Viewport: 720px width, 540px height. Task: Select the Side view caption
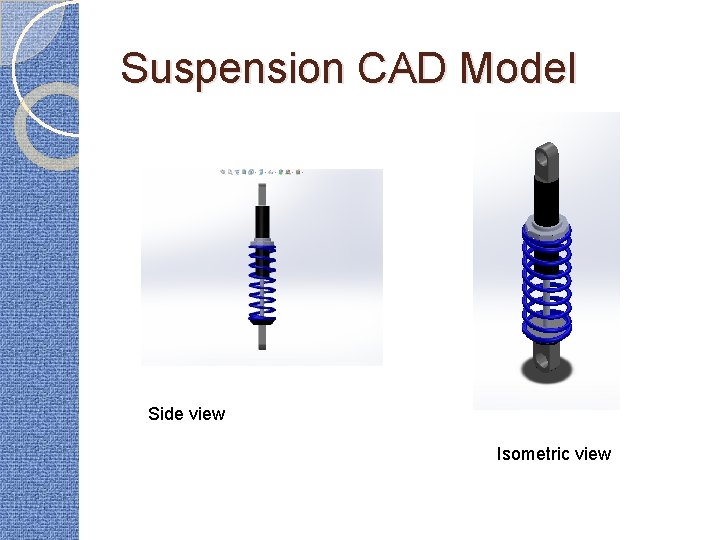pyautogui.click(x=186, y=414)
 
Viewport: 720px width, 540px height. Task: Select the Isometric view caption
pyautogui.click(x=553, y=454)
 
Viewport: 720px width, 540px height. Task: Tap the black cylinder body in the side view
pyautogui.click(x=262, y=221)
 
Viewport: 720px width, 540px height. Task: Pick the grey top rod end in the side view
pyautogui.click(x=262, y=193)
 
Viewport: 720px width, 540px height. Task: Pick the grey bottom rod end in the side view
pyautogui.click(x=262, y=337)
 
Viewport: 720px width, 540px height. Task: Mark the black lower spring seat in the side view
pyautogui.click(x=262, y=321)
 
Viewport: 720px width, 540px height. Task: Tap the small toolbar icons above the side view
pyautogui.click(x=261, y=172)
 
